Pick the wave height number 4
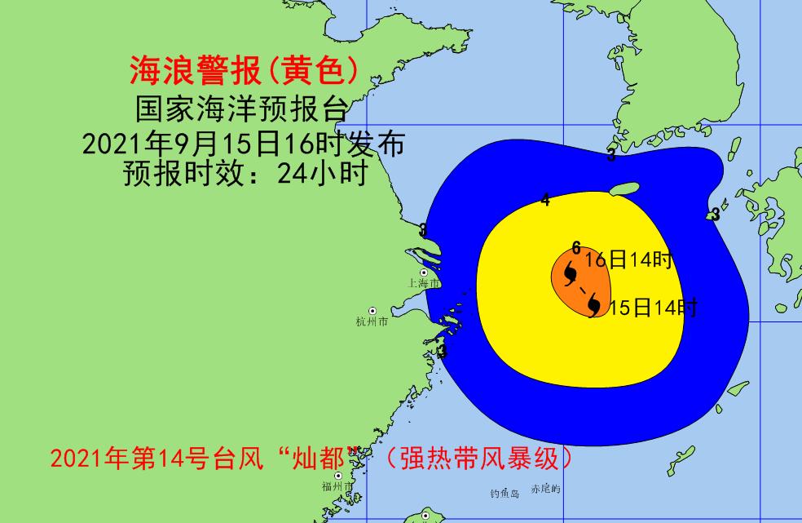(x=545, y=200)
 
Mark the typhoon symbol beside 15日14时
(x=595, y=306)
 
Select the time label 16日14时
(x=629, y=260)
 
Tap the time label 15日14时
(x=653, y=308)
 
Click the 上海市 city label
(x=424, y=283)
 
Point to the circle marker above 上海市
(x=424, y=273)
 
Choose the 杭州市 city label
(x=372, y=322)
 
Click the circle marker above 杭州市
(x=372, y=311)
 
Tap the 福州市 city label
(x=337, y=487)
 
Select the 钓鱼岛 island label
(x=505, y=494)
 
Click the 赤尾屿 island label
(x=545, y=490)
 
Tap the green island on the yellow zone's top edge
(x=624, y=189)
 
